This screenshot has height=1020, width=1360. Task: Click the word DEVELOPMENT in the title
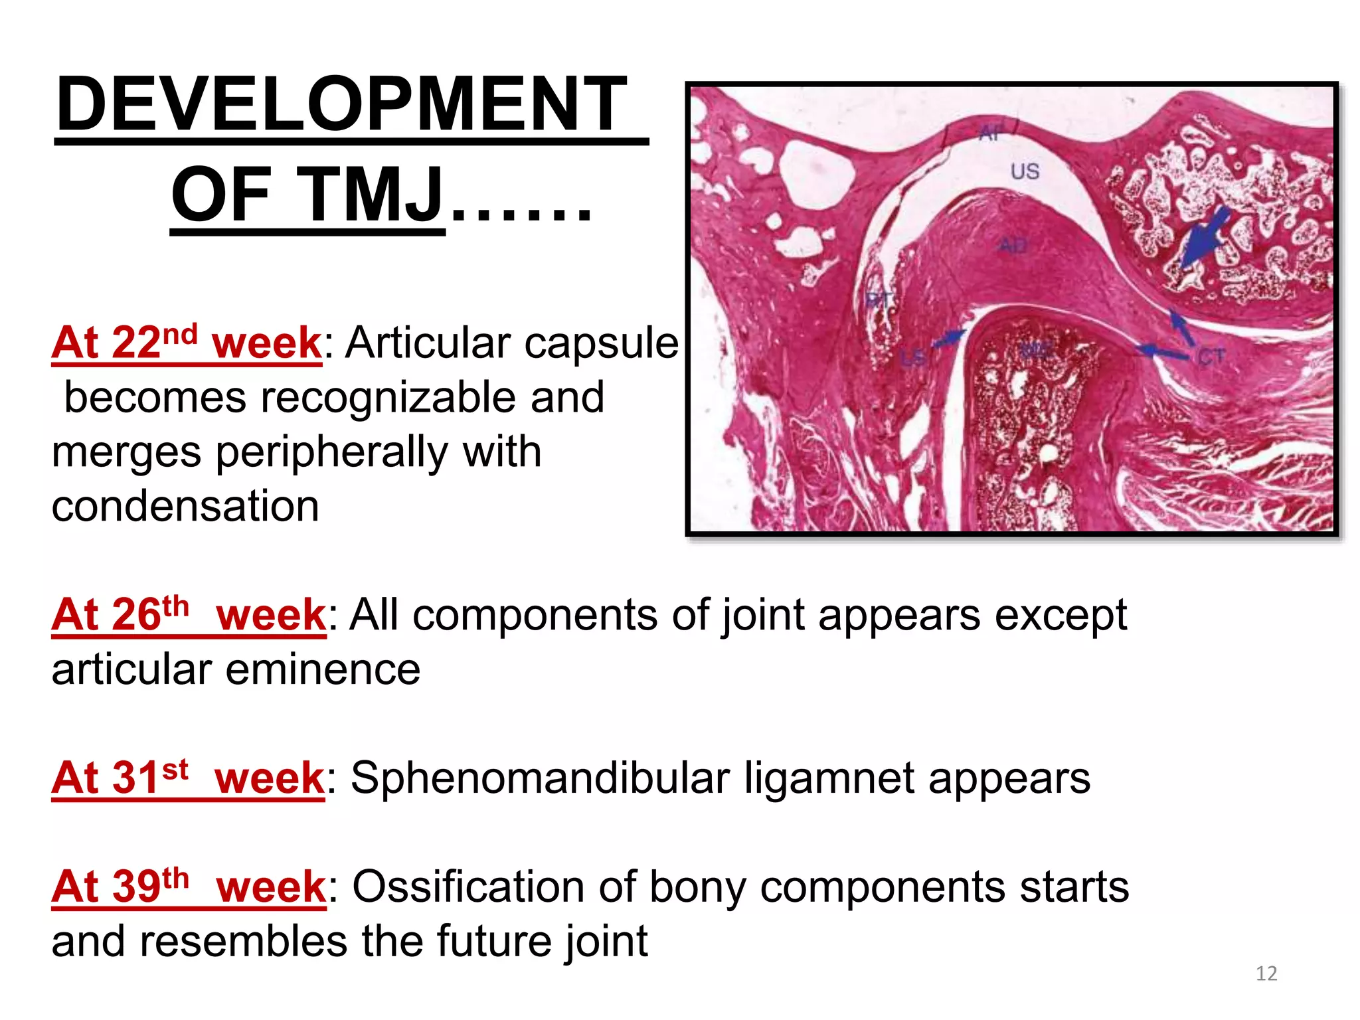[x=341, y=105]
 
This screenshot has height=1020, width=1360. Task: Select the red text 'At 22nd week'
[x=187, y=343]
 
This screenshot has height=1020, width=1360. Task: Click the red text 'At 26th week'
[x=189, y=615]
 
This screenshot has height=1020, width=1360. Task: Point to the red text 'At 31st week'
[x=188, y=778]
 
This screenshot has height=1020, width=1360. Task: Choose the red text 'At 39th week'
[x=189, y=887]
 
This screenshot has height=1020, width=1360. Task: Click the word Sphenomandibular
[x=540, y=778]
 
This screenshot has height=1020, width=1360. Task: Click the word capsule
[x=602, y=343]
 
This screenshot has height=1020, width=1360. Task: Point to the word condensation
[x=185, y=507]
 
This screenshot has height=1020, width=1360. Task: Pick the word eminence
[x=323, y=669]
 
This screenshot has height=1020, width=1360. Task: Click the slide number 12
[x=1266, y=974]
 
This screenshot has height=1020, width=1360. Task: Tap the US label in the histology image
[x=1025, y=172]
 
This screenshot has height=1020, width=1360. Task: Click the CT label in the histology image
[x=1211, y=358]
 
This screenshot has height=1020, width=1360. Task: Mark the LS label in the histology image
[x=912, y=359]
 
